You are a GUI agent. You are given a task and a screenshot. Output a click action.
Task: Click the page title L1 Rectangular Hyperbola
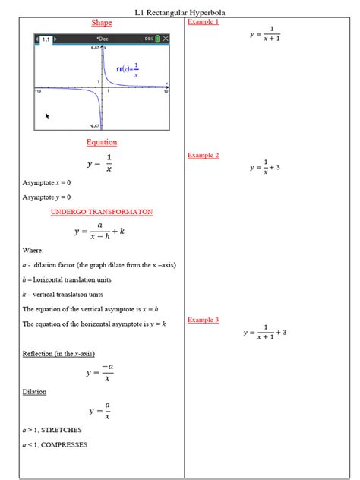[180, 13]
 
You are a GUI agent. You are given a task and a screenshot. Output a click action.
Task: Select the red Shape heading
[101, 23]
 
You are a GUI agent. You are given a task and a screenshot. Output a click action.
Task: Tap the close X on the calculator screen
[166, 38]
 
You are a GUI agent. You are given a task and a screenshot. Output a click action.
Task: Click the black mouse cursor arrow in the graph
[48, 116]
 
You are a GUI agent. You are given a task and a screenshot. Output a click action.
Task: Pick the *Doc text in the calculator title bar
[103, 38]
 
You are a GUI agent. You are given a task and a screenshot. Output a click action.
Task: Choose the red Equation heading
[101, 142]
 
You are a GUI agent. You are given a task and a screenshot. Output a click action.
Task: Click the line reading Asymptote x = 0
[47, 182]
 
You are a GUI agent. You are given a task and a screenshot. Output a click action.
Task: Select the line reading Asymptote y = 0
[47, 197]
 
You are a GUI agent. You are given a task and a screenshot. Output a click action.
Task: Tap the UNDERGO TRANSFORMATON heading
[101, 212]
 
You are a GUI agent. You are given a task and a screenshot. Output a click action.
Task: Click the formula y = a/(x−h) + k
[99, 232]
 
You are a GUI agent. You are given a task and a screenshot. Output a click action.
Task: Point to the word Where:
[33, 250]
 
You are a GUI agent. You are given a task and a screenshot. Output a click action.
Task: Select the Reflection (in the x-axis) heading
[58, 354]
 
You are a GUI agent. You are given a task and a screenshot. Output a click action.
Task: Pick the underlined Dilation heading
[34, 392]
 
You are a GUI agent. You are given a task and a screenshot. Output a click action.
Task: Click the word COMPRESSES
[65, 444]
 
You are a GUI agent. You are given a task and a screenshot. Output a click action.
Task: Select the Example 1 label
[203, 22]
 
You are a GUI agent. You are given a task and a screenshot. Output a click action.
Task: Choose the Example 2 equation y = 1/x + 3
[265, 167]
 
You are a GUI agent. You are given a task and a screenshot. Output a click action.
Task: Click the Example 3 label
[203, 320]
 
